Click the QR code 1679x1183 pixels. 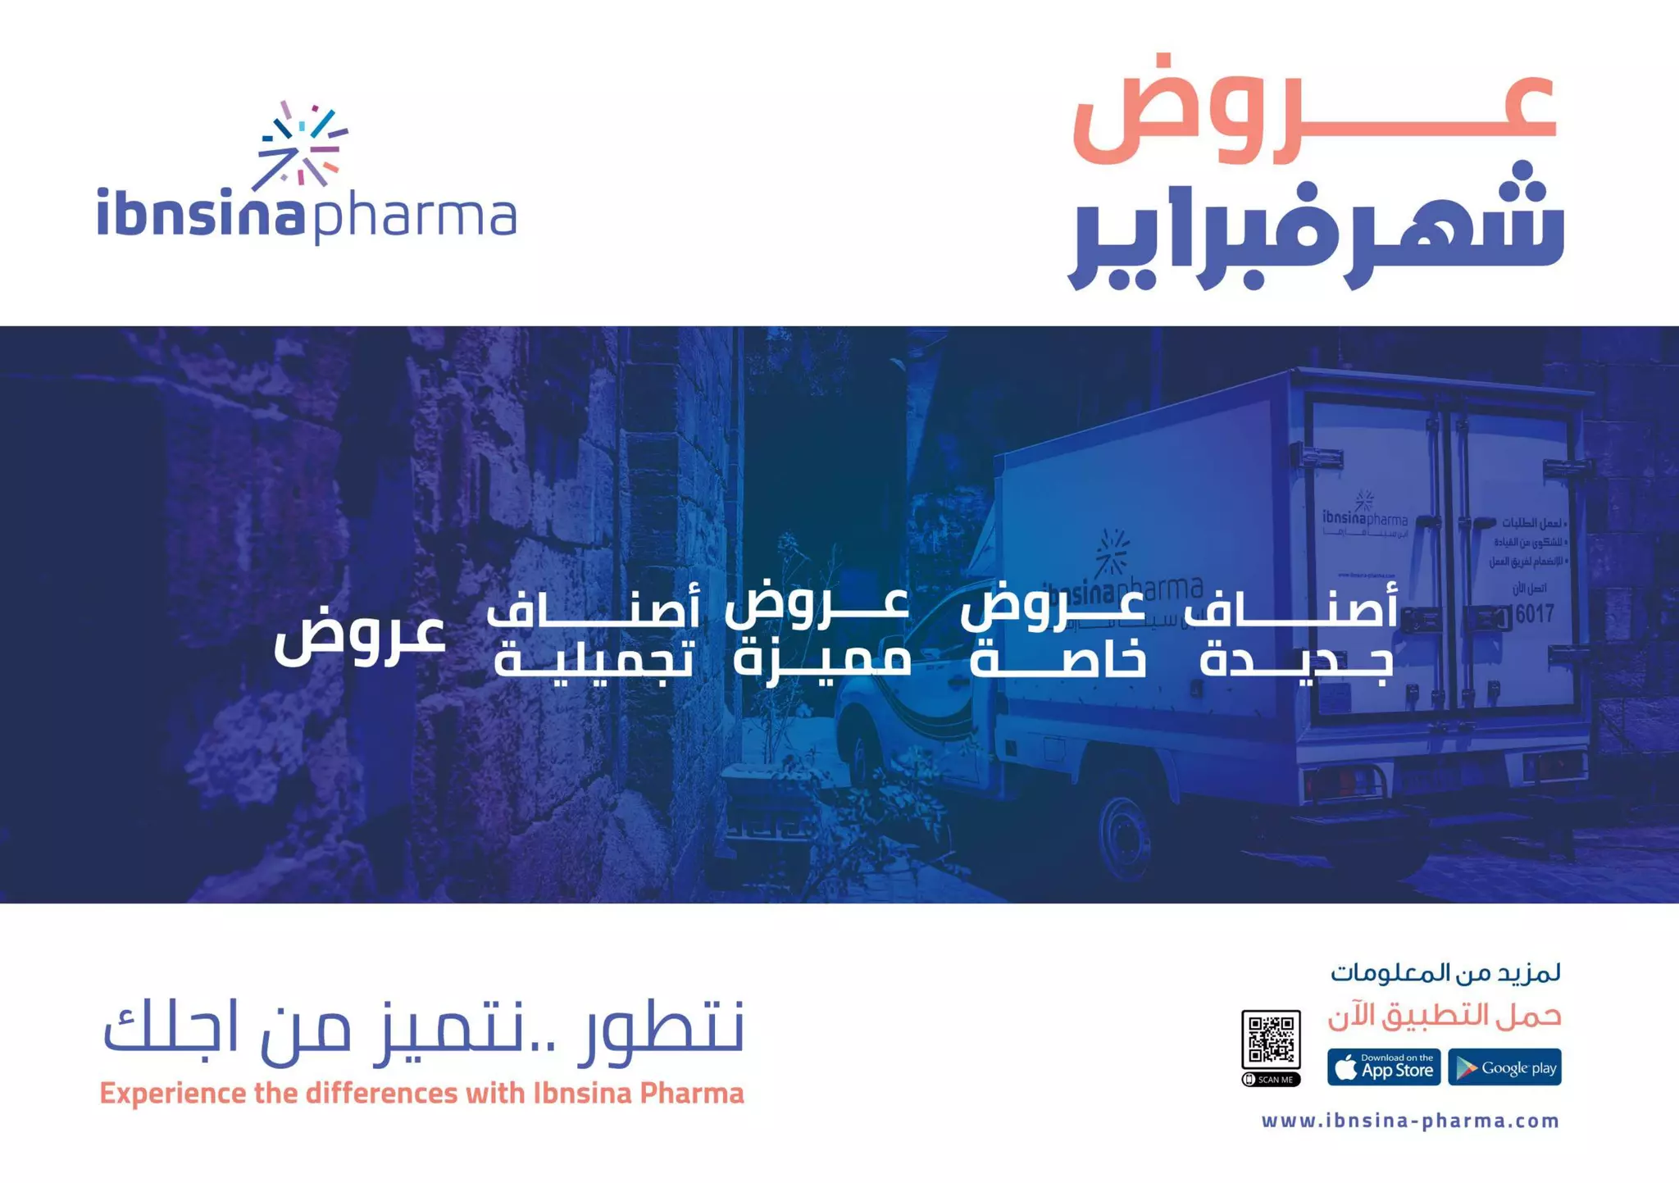[x=1270, y=1040]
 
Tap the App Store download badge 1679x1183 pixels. [x=1383, y=1067]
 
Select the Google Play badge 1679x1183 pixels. [x=1504, y=1067]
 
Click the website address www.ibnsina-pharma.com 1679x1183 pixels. [x=1410, y=1121]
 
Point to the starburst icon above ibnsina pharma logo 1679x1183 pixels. [x=301, y=145]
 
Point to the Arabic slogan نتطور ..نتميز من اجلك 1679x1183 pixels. [x=423, y=1030]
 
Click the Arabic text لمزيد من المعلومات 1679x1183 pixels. [x=1445, y=973]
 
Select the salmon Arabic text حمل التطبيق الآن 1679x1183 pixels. [x=1445, y=1017]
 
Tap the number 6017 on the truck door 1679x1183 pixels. [x=1534, y=614]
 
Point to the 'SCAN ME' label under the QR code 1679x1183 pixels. [x=1271, y=1080]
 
